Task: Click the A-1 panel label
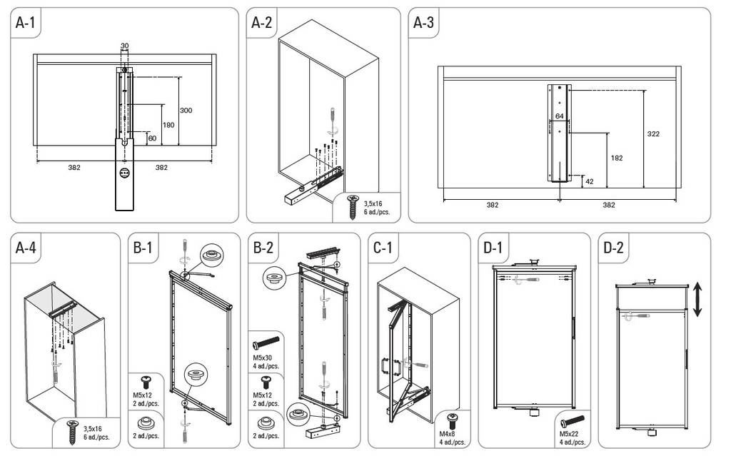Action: click(x=25, y=22)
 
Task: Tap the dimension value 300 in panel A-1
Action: click(x=186, y=111)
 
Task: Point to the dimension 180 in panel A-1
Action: click(x=168, y=125)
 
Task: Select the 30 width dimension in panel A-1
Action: click(x=124, y=46)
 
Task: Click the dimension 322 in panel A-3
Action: click(x=653, y=134)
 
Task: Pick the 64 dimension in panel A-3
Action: click(x=560, y=116)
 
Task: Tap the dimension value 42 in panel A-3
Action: click(x=589, y=181)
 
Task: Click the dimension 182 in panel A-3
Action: click(x=616, y=158)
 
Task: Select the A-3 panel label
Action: click(x=423, y=22)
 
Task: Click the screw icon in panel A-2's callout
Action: click(x=353, y=207)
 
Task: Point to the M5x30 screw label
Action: click(x=263, y=358)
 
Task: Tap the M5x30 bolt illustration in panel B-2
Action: click(x=266, y=344)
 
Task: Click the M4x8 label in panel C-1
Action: click(x=447, y=434)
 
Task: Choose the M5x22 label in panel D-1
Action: click(x=569, y=434)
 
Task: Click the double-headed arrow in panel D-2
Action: click(x=697, y=299)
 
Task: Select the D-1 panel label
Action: click(x=493, y=248)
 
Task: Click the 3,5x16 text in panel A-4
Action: click(x=92, y=428)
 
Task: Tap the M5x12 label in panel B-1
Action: click(x=142, y=395)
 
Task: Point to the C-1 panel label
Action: click(x=383, y=248)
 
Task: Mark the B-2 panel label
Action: click(x=263, y=248)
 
